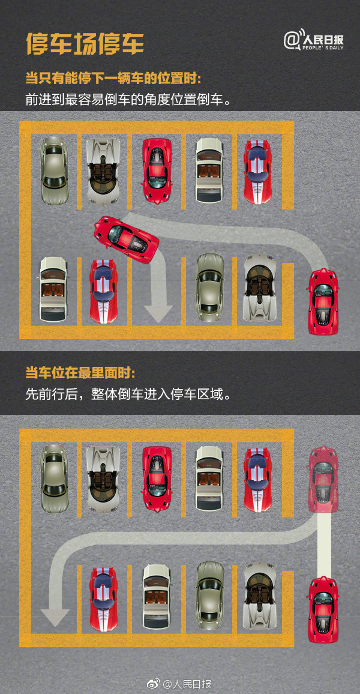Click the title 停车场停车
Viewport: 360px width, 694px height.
click(85, 44)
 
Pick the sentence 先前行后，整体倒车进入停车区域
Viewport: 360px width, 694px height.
click(128, 394)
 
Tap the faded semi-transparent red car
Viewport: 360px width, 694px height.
click(323, 478)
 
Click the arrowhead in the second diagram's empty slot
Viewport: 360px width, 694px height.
click(56, 616)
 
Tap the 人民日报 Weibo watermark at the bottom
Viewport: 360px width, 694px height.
click(180, 684)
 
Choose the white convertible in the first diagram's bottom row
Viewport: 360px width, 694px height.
click(53, 289)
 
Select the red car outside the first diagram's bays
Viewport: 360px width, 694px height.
click(323, 301)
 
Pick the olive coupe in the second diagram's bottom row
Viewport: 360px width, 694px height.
click(210, 595)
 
